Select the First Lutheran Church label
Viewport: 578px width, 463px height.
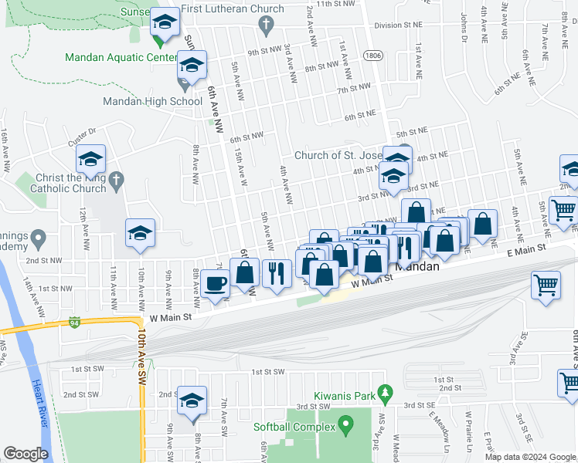coord(240,9)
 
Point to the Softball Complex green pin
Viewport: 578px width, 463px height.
coord(345,424)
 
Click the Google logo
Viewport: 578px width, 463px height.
coord(25,454)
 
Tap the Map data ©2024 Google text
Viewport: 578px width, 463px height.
coord(529,457)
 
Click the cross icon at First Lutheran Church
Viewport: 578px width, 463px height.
coord(267,26)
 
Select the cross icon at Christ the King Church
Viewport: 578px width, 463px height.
coord(116,181)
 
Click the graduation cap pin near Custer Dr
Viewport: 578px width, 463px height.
coord(90,159)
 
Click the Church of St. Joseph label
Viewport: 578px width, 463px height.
coord(338,155)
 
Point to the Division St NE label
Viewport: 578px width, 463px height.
coord(399,25)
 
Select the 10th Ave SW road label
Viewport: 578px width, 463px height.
coord(142,355)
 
